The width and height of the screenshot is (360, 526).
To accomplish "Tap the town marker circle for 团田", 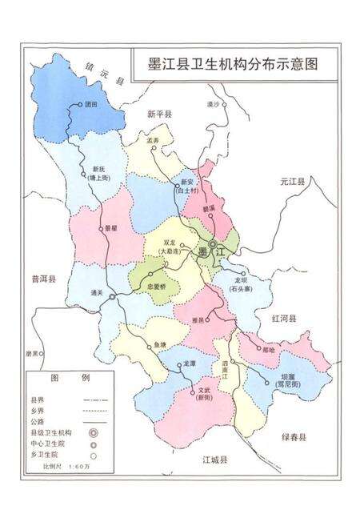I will pos(82,104).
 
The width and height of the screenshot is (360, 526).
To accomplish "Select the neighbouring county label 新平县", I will pos(159,115).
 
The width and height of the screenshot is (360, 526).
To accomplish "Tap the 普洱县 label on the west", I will pos(42,279).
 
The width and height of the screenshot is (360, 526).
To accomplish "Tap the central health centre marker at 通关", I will pos(113,296).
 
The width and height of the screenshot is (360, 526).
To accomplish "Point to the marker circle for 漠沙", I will pos(226,104).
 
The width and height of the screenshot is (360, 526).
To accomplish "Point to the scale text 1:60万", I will pos(81,465).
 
